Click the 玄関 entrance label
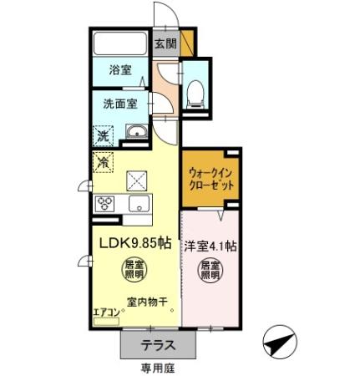click(165, 44)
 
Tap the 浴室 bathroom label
click(122, 71)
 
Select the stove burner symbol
click(107, 203)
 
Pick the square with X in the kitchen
click(135, 178)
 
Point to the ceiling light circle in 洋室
click(210, 270)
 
